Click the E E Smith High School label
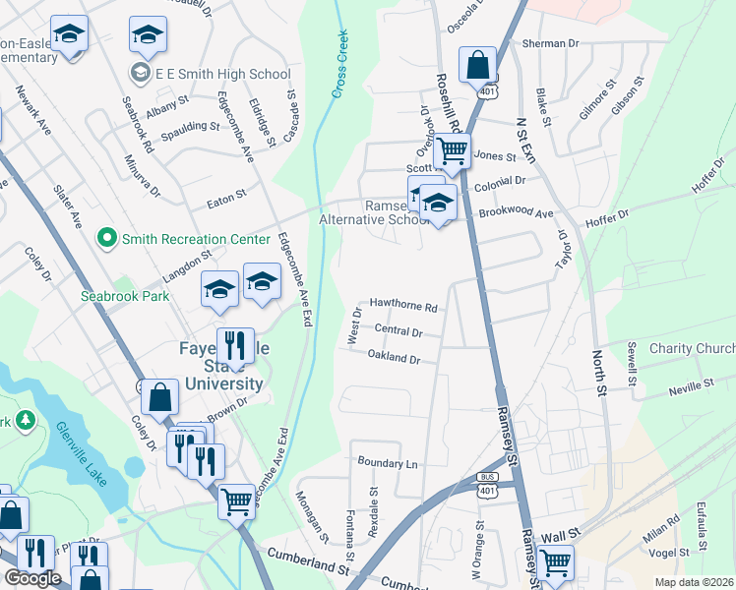[222, 74]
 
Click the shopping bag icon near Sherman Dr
[477, 66]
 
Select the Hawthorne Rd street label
[402, 306]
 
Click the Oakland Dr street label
[394, 357]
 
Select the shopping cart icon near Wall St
[556, 562]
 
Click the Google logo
[32, 579]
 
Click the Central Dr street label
[399, 332]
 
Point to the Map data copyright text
[694, 582]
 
